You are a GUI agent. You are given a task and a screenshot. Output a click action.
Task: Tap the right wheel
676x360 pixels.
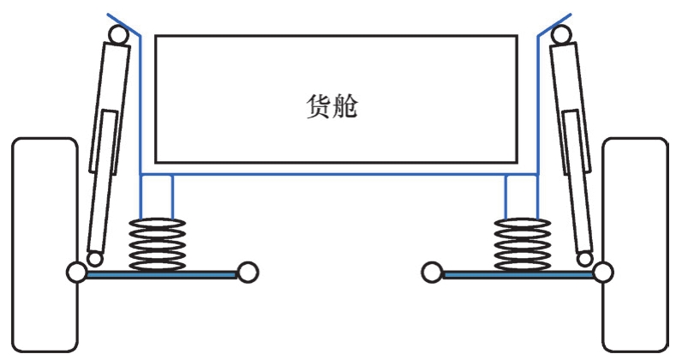pos(635,244)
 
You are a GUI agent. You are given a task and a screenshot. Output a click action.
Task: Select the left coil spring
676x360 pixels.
pos(156,243)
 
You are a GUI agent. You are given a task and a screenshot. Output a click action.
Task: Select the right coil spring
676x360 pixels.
pos(523,243)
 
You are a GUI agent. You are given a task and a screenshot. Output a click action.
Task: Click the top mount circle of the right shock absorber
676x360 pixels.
pos(562,34)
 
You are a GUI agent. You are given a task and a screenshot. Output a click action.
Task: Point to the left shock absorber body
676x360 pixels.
pos(108,146)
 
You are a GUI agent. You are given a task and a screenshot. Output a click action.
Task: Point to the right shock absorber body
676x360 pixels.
pos(571,146)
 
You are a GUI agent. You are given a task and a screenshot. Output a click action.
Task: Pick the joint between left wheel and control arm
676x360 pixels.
pos(75,273)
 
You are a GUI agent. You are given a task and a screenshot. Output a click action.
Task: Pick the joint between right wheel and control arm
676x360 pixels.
pos(603,273)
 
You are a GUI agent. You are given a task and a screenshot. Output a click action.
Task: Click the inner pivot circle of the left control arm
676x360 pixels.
pos(247,273)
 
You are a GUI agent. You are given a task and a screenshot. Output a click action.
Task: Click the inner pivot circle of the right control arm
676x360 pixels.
pos(432,273)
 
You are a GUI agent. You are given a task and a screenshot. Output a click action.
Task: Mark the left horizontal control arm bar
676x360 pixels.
pos(163,274)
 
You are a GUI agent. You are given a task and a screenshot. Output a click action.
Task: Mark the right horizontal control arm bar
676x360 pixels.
pos(514,274)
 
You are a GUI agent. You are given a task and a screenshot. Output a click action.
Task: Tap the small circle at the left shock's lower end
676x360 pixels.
pos(94,258)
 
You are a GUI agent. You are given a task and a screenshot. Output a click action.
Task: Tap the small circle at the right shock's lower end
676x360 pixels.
pos(585,258)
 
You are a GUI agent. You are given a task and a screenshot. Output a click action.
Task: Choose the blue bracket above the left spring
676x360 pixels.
pos(156,195)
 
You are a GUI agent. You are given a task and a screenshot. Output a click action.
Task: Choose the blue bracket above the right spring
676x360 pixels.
pos(522,195)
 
